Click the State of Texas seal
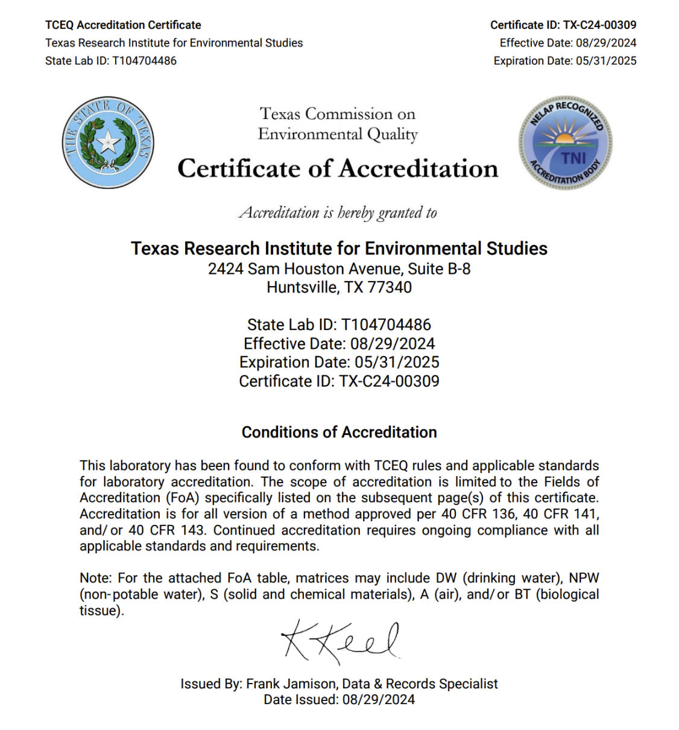[x=108, y=142]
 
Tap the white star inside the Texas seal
[x=109, y=142]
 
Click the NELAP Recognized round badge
[x=565, y=143]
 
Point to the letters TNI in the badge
[x=573, y=158]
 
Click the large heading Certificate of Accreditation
[x=338, y=169]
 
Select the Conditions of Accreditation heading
[x=339, y=432]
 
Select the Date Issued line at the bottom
[x=339, y=699]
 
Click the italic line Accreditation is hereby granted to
[x=338, y=213]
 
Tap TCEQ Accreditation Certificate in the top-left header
[x=123, y=25]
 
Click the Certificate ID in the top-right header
[x=563, y=25]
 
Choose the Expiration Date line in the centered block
[x=339, y=362]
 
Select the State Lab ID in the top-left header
[x=111, y=60]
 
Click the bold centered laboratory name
[x=339, y=249]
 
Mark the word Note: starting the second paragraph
[x=95, y=578]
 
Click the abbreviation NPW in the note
[x=584, y=578]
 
